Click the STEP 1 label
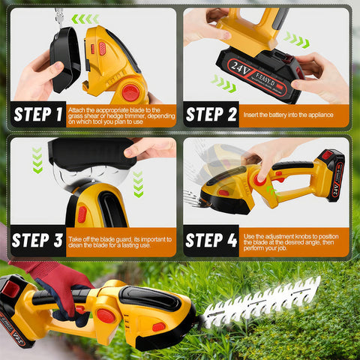click(37, 115)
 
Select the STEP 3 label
click(37, 240)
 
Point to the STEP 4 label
click(212, 240)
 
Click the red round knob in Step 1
click(130, 92)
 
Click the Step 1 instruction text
click(121, 115)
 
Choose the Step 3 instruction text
click(121, 240)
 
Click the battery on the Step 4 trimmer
click(330, 175)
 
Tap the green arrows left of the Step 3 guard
click(37, 160)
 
